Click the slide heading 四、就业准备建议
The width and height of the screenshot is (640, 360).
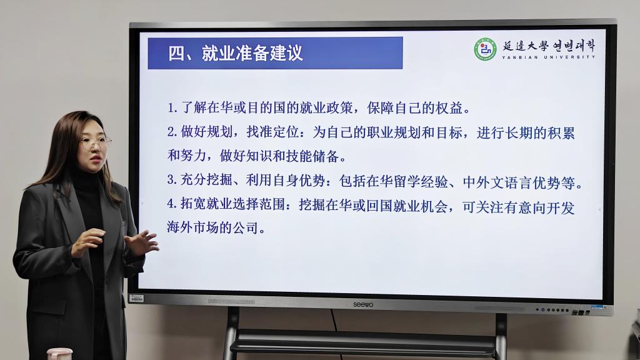[x=236, y=53]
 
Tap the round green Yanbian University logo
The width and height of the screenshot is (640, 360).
[x=485, y=49]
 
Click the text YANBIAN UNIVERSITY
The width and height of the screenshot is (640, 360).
[x=549, y=57]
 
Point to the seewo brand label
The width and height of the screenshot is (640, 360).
[x=363, y=304]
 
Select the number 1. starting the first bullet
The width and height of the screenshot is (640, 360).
[x=172, y=107]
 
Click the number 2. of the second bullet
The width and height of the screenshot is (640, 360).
[x=172, y=132]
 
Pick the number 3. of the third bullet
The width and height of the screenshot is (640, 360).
[x=172, y=179]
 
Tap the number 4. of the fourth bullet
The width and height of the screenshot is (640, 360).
[x=172, y=203]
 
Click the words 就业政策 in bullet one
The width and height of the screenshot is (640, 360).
[x=326, y=107]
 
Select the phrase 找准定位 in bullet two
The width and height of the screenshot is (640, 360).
[x=272, y=132]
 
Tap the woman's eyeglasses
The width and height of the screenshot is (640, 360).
[x=95, y=143]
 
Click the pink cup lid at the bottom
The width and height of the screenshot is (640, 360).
[x=59, y=352]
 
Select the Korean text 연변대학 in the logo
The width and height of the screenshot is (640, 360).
[x=574, y=46]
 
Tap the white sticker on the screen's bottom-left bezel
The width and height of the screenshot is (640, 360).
[x=136, y=298]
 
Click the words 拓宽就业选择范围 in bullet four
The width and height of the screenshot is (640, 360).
[x=232, y=204]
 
